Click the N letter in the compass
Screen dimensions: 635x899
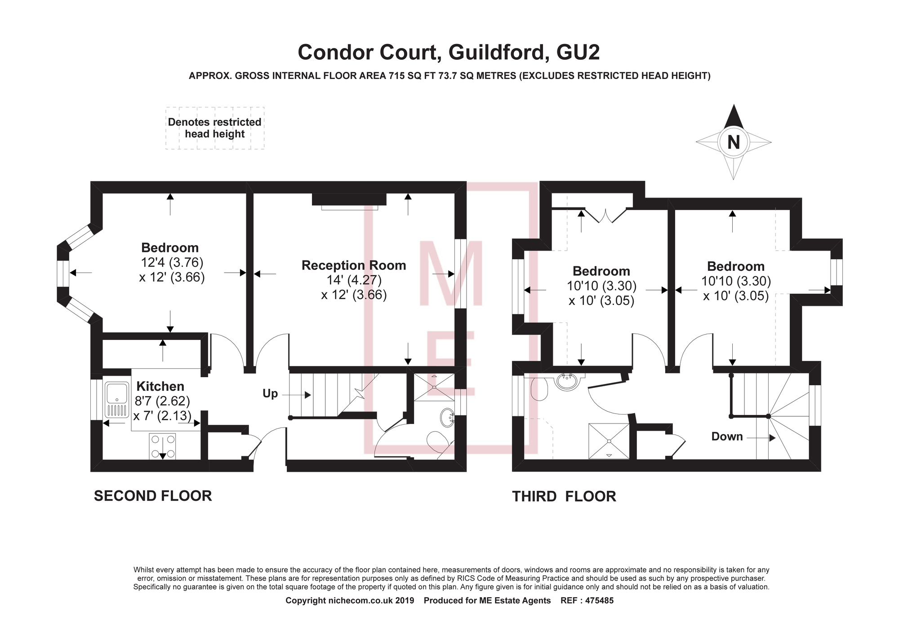click(733, 142)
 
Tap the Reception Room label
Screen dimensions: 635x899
click(354, 265)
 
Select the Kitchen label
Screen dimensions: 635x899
click(160, 386)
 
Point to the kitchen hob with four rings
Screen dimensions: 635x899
click(162, 446)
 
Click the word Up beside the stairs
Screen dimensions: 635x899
click(270, 394)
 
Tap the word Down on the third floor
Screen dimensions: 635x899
click(727, 437)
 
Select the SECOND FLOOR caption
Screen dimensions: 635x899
click(153, 496)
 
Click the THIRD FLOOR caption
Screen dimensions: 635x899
click(564, 496)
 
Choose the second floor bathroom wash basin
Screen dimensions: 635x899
click(447, 416)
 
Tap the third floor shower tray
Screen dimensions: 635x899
click(609, 441)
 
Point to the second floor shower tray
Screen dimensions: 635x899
click(434, 387)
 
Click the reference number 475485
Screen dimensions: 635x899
click(599, 600)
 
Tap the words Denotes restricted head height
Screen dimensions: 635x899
click(214, 128)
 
